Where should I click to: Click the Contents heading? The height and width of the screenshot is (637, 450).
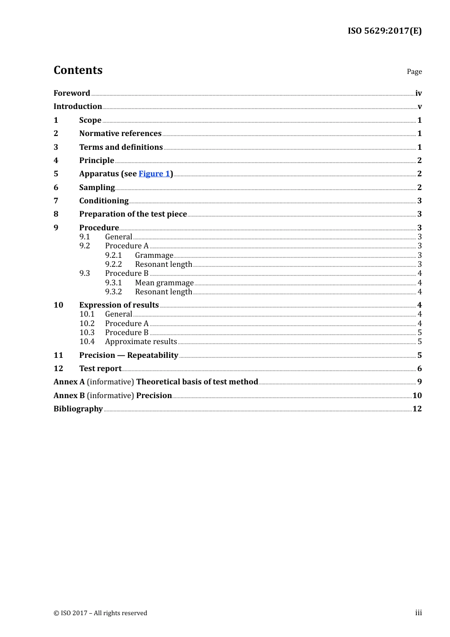click(78, 70)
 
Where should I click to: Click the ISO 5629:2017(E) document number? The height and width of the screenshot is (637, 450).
click(384, 31)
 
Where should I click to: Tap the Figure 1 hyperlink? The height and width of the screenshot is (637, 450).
click(154, 174)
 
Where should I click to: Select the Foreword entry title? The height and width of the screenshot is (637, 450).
click(72, 93)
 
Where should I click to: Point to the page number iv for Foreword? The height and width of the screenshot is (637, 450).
click(418, 93)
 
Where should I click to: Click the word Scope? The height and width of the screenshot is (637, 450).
click(90, 120)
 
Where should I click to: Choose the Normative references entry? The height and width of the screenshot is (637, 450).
click(120, 134)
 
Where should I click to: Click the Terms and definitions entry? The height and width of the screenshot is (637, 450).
click(121, 147)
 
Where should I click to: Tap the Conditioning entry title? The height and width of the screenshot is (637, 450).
click(104, 201)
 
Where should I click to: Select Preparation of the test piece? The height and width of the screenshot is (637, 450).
click(133, 214)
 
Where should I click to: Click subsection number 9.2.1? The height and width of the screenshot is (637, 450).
click(113, 255)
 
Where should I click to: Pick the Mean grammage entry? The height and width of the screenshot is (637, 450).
click(164, 283)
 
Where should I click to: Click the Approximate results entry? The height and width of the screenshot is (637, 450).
click(141, 342)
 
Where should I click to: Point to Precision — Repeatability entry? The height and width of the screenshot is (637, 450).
click(128, 355)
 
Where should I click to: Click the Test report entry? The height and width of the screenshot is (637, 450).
click(100, 369)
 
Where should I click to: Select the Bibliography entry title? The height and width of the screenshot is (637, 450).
click(78, 409)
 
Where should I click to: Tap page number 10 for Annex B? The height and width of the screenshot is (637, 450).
click(417, 396)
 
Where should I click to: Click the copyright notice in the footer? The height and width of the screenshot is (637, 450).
click(100, 613)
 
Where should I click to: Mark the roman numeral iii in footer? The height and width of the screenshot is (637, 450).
click(418, 613)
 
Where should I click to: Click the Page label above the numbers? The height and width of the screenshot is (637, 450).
click(414, 72)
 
